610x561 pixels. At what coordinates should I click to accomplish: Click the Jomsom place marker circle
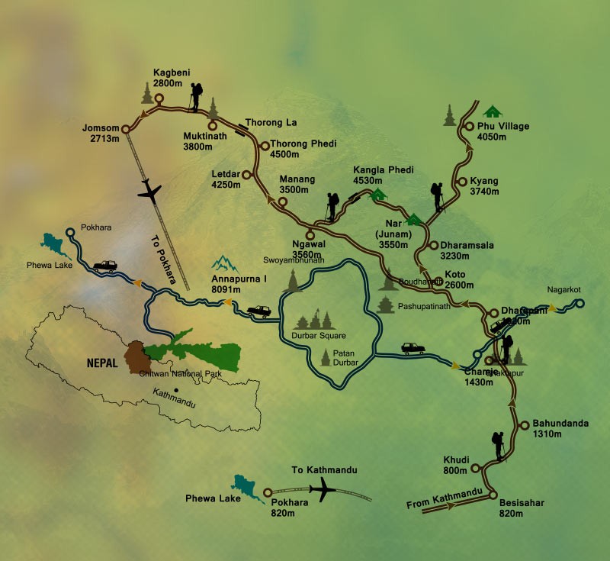[x=126, y=128]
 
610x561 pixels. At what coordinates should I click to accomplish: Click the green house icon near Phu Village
[x=493, y=111]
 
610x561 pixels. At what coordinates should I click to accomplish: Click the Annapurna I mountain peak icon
[x=225, y=264]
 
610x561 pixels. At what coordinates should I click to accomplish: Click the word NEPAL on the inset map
[x=101, y=363]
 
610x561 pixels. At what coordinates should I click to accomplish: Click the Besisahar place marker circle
[x=492, y=492]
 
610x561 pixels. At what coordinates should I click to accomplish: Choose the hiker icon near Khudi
[x=499, y=446]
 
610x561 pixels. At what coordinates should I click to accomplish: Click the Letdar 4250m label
[x=226, y=179]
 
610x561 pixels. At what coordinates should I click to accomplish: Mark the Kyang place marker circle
[x=462, y=182]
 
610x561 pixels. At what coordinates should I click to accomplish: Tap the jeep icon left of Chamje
[x=413, y=348]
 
